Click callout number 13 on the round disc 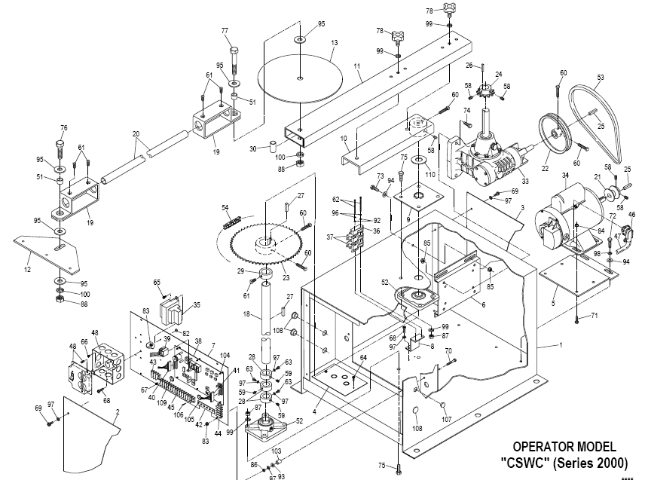(x=332, y=44)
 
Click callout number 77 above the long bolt (x=224, y=30)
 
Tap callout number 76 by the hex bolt (x=63, y=127)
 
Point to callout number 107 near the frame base (x=446, y=419)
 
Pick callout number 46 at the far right (x=631, y=215)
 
